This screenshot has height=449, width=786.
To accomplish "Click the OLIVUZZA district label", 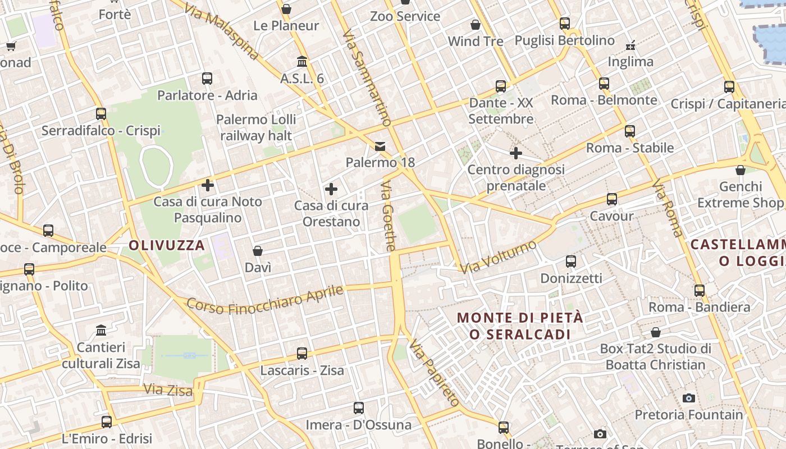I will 167,245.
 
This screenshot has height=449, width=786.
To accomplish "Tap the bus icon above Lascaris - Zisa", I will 302,354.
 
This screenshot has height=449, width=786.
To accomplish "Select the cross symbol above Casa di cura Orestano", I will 331,189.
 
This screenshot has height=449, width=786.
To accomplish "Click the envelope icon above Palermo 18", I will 380,147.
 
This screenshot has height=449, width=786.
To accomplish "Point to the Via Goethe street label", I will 389,216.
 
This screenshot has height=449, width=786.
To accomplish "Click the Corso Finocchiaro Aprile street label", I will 264,300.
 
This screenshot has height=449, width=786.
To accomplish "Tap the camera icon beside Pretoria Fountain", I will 689,398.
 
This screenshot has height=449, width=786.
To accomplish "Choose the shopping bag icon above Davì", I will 258,250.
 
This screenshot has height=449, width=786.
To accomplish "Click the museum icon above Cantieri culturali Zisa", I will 101,330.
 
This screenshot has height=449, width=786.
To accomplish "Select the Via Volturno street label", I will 498,256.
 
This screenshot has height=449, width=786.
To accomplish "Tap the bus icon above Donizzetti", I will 571,261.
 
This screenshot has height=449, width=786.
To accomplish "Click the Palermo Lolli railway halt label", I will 256,127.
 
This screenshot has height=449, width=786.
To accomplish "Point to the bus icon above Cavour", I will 611,199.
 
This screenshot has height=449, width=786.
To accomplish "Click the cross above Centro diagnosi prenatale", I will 516,153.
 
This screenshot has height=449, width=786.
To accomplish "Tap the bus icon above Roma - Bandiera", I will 699,290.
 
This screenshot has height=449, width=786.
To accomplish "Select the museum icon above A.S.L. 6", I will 302,61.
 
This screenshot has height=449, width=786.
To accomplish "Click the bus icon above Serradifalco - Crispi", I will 101,114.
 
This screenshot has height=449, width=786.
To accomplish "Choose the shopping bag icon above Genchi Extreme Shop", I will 741,170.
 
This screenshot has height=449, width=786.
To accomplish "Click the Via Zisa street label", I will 168,389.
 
